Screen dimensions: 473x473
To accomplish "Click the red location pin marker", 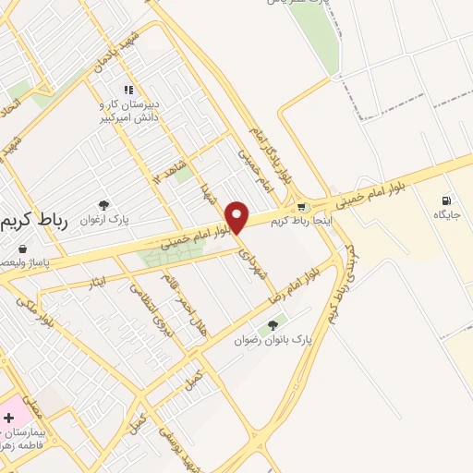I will [237, 217].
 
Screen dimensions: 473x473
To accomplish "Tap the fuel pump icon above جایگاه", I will [447, 200].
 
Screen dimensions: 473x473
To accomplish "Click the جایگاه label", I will [447, 214].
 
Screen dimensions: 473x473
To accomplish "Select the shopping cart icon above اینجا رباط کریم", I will [302, 207].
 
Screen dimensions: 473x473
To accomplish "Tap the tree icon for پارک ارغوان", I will [103, 206].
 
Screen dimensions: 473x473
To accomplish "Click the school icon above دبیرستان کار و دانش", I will [129, 91].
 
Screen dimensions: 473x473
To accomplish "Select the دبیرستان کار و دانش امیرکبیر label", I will [130, 111].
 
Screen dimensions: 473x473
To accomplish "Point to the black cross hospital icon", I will [8, 418].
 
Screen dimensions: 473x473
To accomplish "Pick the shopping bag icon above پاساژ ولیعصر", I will [22, 249].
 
